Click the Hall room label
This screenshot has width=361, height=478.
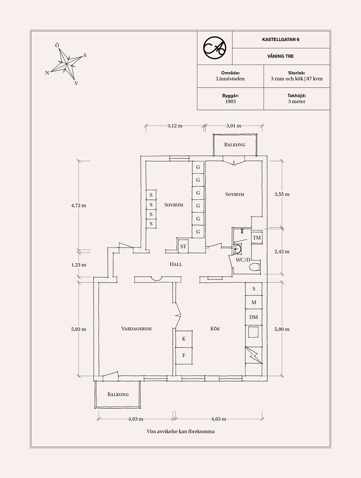[176, 264]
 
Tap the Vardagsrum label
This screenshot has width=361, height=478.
[136, 329]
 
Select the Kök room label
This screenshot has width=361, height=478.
[215, 329]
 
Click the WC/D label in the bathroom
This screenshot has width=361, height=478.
[243, 260]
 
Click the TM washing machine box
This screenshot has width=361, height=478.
[257, 238]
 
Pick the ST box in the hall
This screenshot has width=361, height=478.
[183, 247]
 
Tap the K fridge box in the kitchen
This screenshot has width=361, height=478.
[184, 339]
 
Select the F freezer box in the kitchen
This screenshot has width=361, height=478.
[184, 355]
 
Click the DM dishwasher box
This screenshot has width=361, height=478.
[253, 317]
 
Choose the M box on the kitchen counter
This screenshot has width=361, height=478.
[253, 302]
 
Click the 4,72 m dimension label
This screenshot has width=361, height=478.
[79, 205]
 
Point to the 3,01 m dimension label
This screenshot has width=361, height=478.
[234, 126]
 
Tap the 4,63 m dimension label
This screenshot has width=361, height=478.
[219, 419]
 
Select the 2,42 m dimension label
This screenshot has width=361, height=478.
[282, 252]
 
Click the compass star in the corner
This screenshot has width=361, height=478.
[67, 64]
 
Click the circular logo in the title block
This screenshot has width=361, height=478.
[214, 48]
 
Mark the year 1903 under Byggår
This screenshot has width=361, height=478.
[230, 102]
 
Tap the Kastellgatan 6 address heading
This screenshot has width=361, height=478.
[280, 40]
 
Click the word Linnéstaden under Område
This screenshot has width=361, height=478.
[230, 79]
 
